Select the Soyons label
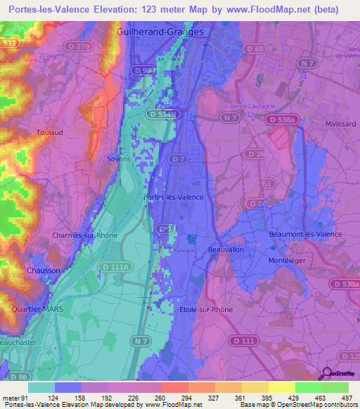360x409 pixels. (118, 159)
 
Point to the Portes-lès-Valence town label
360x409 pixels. (173, 197)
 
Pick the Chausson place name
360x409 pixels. (44, 271)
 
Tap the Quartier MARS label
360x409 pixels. (33, 309)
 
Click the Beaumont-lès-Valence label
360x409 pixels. (306, 234)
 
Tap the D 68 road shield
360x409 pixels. (255, 48)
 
